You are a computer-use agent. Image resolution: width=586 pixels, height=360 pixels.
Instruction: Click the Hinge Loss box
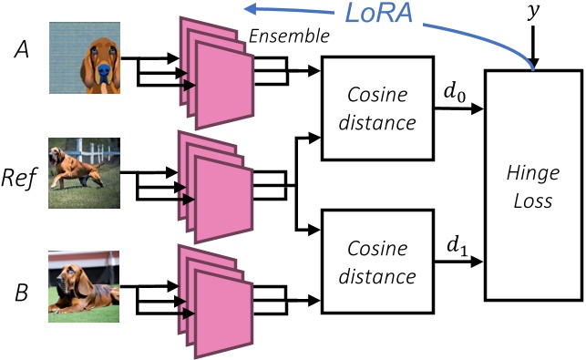tap(532, 183)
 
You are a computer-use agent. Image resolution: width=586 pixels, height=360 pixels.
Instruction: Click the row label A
tap(17, 54)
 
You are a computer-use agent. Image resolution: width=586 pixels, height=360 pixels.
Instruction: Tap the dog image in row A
tap(85, 58)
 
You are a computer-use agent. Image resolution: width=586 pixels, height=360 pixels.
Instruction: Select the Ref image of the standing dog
tap(85, 174)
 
